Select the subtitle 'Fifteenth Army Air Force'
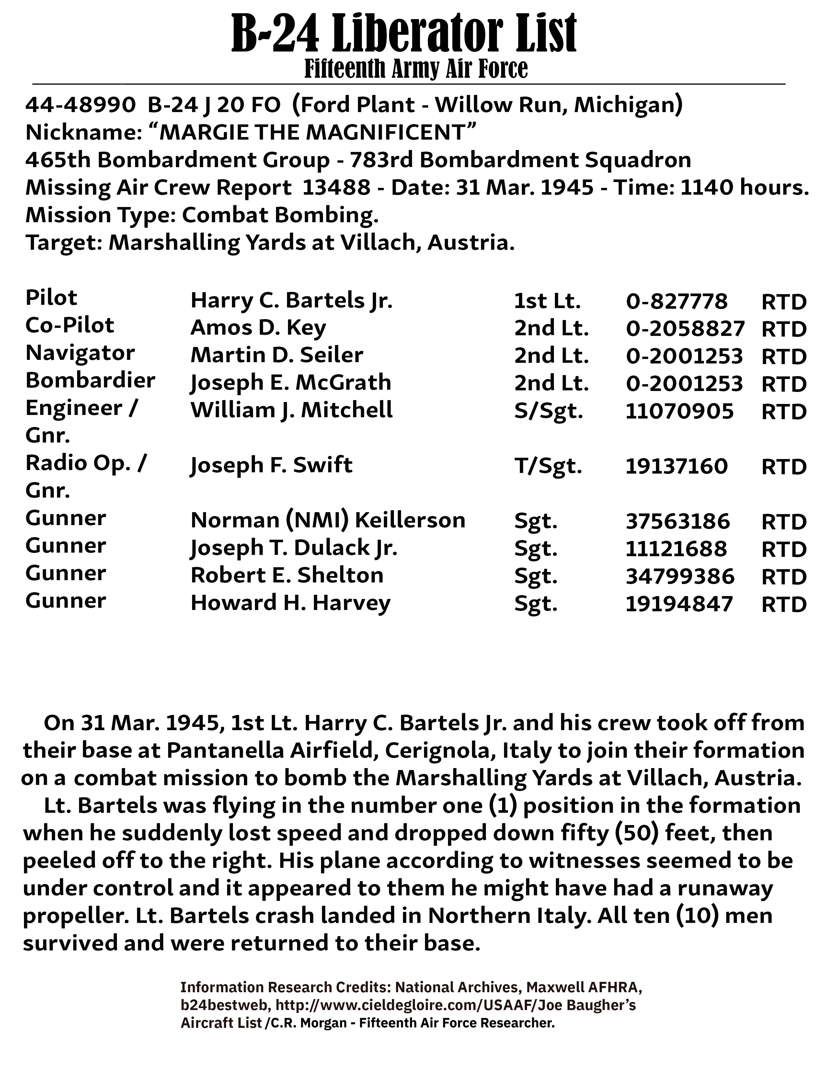[x=416, y=69]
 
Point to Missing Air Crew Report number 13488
[x=337, y=188]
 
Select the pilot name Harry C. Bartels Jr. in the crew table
[x=291, y=301]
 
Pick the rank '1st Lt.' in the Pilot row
[x=547, y=301]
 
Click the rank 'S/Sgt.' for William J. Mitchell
[x=548, y=411]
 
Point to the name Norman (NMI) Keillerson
[x=328, y=520]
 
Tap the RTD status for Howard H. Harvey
[x=784, y=604]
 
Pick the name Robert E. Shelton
[x=287, y=576]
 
